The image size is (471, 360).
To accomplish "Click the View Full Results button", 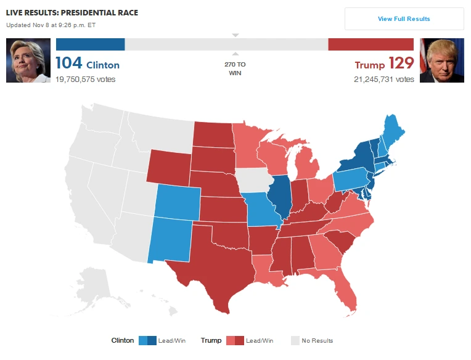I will click(404, 19).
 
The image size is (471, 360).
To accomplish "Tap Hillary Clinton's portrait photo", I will click(28, 60).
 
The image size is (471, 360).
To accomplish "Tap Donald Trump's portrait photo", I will click(441, 60).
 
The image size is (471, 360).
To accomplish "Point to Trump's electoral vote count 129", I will click(401, 64).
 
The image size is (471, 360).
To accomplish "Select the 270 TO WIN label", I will click(235, 68).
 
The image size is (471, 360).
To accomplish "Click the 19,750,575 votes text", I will click(85, 80).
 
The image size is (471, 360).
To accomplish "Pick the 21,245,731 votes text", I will click(384, 80).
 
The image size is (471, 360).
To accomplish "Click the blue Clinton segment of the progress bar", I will click(90, 44).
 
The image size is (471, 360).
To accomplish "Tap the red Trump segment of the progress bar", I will click(371, 44).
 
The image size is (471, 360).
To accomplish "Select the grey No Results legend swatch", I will click(295, 340).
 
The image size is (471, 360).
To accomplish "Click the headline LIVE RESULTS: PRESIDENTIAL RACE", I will click(72, 12).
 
